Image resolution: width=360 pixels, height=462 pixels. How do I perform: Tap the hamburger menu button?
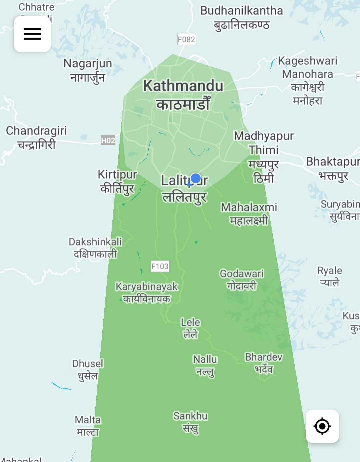pos(32,34)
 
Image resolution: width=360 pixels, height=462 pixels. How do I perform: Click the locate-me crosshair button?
pos(322,426)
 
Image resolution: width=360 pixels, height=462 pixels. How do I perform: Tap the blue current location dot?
pos(196,178)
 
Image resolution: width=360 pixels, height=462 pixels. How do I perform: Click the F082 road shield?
pos(186,40)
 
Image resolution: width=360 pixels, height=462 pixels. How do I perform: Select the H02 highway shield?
pos(108,140)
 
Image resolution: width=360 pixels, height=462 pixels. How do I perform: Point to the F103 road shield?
pos(160,266)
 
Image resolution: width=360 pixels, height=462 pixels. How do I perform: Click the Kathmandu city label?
pos(183,95)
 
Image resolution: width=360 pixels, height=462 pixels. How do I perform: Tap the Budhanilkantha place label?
pos(241,17)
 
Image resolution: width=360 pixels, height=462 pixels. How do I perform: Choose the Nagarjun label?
pos(88,70)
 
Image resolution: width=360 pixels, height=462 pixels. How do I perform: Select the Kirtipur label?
pos(117,181)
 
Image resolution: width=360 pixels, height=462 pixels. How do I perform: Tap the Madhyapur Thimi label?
pos(263,157)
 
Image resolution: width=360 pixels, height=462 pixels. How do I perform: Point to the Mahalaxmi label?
pos(249,213)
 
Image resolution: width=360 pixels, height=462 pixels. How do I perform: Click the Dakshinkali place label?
pos(95,247)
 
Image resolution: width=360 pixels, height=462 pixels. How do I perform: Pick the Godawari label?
pos(242,279)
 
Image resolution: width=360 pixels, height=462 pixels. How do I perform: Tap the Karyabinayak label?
pos(147,292)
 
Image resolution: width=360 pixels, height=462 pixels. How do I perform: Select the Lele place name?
pos(190,328)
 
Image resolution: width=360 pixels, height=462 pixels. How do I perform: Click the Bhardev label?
pos(264,363)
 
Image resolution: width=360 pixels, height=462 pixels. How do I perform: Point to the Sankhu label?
pos(190,422)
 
